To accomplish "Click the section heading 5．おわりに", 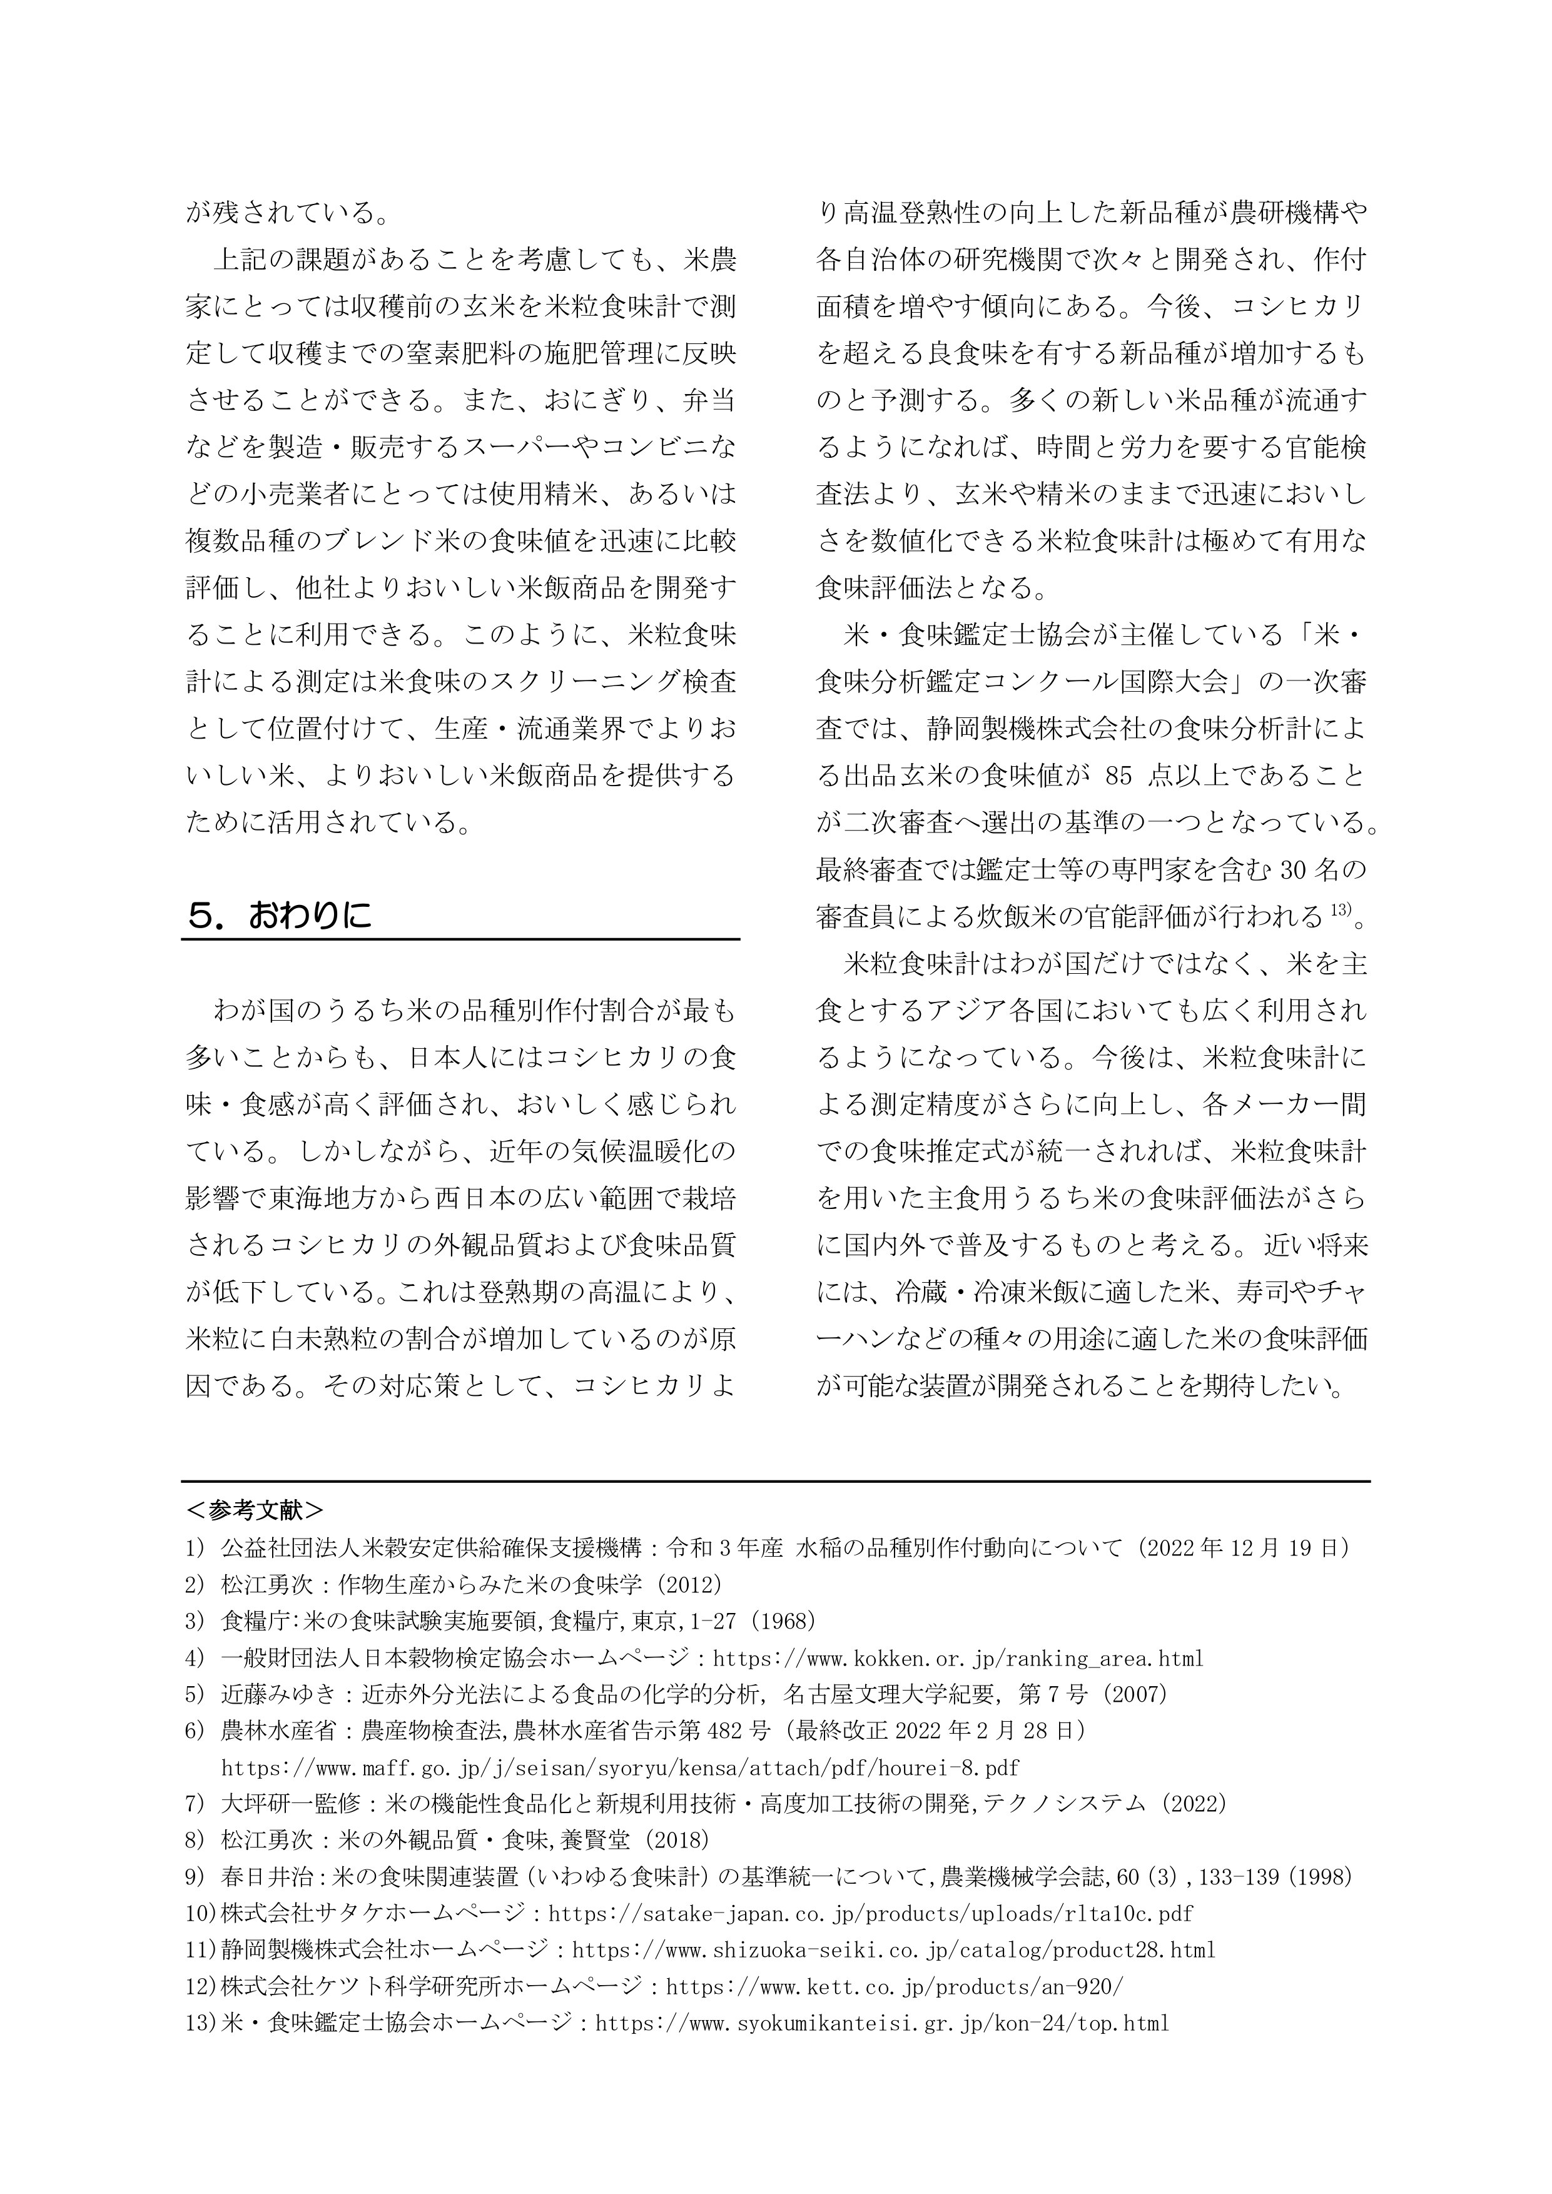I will click(x=279, y=918).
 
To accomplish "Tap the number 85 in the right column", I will click(x=1118, y=776).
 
